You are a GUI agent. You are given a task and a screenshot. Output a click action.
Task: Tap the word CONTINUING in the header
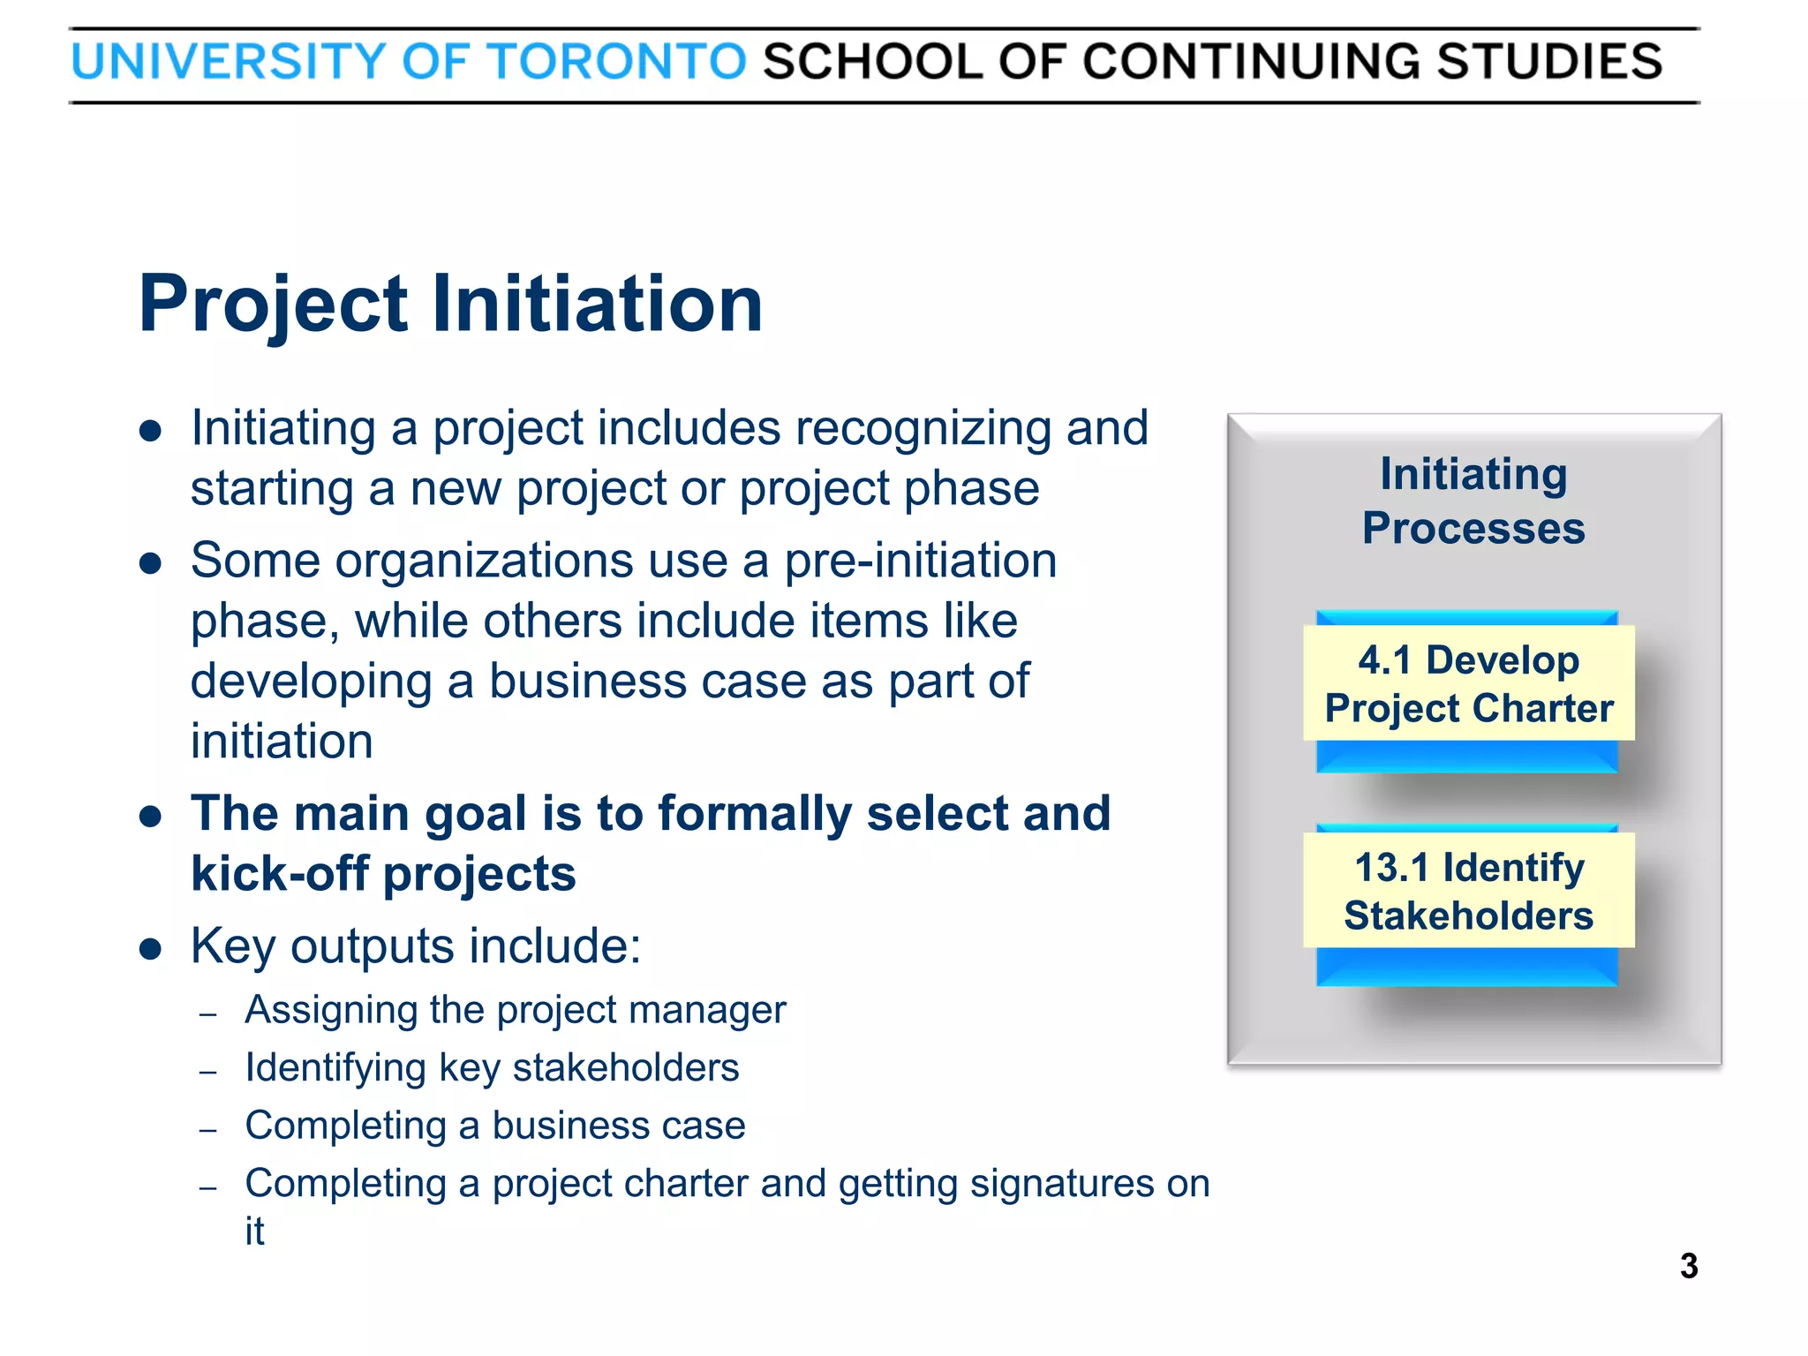coord(1249,62)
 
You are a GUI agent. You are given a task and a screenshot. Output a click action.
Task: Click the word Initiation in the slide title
coord(597,304)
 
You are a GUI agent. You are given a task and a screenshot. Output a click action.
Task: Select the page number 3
coord(1688,1266)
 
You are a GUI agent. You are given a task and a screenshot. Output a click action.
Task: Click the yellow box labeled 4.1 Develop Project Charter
coord(1468,683)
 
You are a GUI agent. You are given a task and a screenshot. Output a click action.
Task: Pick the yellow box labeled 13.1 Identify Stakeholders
coord(1468,891)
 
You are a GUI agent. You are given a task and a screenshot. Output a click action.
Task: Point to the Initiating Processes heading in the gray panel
coord(1473,501)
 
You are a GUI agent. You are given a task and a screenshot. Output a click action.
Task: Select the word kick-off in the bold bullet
coord(279,874)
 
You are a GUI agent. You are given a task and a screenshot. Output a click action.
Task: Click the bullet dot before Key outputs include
coord(151,949)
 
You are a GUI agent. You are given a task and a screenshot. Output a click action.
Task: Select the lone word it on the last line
coord(254,1231)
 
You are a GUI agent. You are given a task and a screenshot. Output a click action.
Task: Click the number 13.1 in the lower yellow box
coord(1391,868)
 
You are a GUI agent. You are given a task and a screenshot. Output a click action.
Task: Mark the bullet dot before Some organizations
coord(151,563)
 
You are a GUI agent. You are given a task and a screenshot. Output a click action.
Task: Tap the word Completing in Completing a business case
coord(345,1126)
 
